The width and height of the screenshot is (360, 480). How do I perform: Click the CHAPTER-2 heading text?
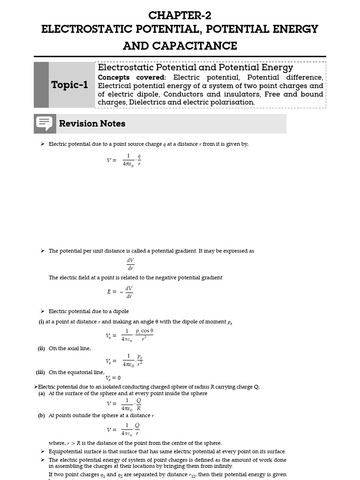tap(180, 15)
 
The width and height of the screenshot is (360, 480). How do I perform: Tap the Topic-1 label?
tap(69, 85)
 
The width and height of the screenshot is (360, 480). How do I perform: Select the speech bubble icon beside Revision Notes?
tap(45, 124)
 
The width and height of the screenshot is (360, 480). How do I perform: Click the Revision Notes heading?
tap(92, 124)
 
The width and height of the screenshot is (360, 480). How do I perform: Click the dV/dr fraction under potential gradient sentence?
tap(130, 264)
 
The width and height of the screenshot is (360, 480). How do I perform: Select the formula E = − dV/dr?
tap(120, 292)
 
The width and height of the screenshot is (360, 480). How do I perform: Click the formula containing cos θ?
tap(130, 336)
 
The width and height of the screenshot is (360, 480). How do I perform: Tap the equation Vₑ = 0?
tap(113, 378)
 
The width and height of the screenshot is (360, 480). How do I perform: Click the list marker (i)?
tap(42, 322)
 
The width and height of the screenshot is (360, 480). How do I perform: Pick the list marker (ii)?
tap(41, 348)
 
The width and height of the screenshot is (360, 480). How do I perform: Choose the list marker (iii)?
tap(41, 372)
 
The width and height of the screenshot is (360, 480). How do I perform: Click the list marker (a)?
tap(42, 394)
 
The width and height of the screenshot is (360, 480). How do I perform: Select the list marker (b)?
tap(42, 415)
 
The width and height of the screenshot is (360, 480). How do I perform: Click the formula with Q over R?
tap(124, 404)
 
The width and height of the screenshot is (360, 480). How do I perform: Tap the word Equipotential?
tap(65, 451)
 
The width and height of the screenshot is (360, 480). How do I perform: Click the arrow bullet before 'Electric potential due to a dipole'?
tap(43, 311)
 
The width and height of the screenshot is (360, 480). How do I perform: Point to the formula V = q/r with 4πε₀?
tap(124, 160)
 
